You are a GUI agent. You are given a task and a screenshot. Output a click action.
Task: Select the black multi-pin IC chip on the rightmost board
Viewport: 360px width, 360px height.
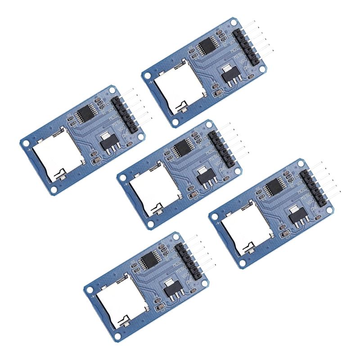(274, 187)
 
